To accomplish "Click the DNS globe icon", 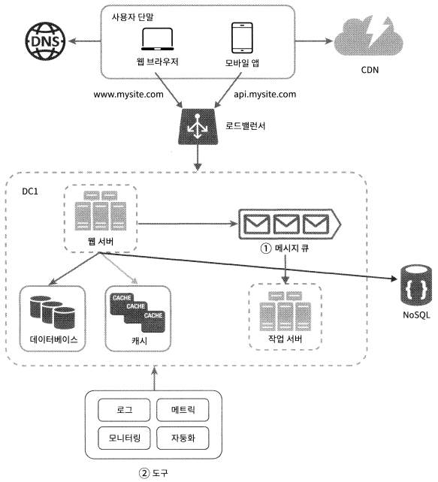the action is click(x=45, y=41).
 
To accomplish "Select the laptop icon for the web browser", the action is click(x=158, y=39).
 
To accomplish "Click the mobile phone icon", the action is click(x=242, y=38).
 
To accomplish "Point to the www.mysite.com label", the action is click(x=128, y=95).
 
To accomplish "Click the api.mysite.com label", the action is click(x=265, y=95).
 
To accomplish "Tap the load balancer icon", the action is click(x=198, y=126).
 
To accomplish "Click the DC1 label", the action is click(x=30, y=191).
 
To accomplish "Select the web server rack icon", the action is click(x=101, y=210).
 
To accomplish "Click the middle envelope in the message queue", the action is click(x=286, y=224).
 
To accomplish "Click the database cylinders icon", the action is click(x=53, y=312).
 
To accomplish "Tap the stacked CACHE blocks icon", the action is click(x=137, y=312).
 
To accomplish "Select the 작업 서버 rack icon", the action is click(x=285, y=311).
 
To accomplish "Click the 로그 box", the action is click(x=124, y=410).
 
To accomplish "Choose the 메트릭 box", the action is click(x=183, y=410).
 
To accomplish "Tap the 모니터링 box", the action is click(x=124, y=438).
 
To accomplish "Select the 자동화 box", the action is click(x=183, y=438).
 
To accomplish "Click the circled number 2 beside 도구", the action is click(x=144, y=473).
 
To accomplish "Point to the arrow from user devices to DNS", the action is click(x=85, y=41).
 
